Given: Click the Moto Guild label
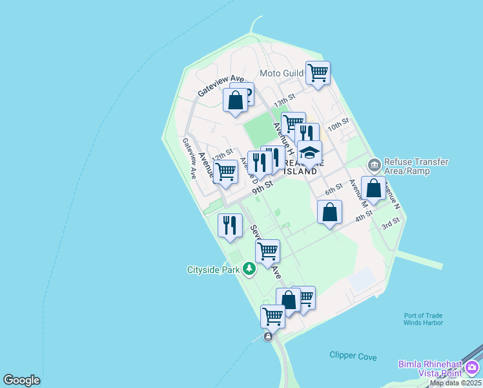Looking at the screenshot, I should point(282,73).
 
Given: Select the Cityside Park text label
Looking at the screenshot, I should point(213,270).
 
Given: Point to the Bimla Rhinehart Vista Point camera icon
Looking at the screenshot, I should point(472,368).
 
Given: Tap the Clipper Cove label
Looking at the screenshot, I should point(353,356).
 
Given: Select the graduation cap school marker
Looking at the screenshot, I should point(310,153).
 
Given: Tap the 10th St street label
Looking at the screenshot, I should point(338,124).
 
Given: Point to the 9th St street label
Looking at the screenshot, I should point(263,186).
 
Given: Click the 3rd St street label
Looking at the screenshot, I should point(390,223).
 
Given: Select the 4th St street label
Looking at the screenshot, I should point(364,216).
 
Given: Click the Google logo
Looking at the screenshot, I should point(21,380).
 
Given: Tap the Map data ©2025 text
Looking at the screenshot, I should point(455,383).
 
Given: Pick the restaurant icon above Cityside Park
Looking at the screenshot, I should point(230,226).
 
